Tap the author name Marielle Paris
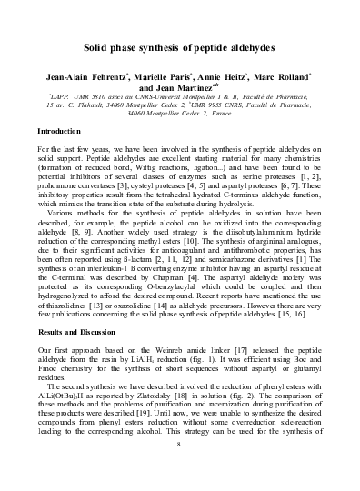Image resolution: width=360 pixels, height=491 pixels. click(161, 77)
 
